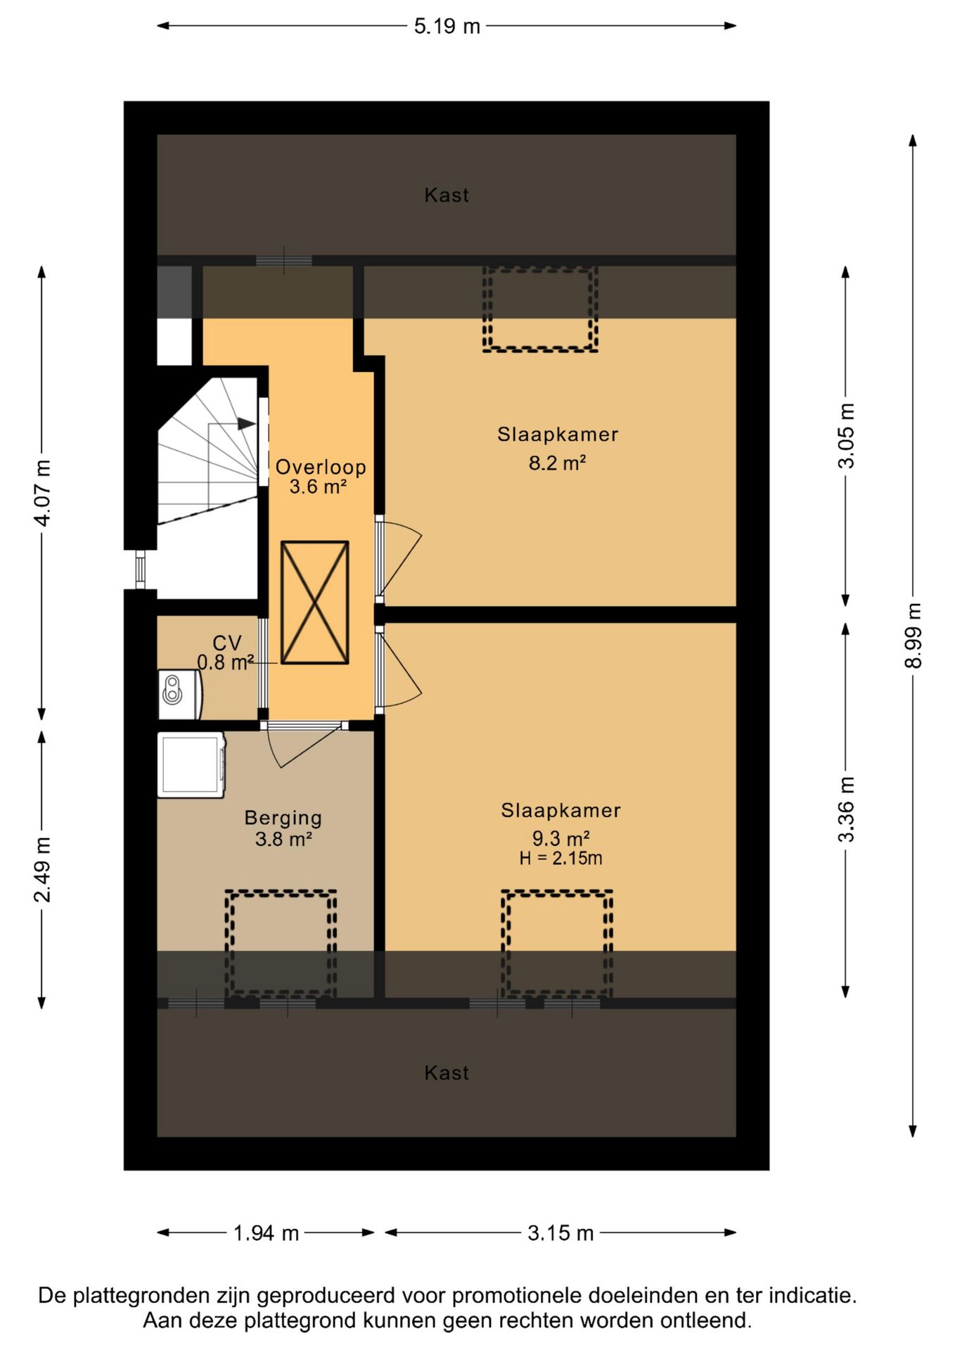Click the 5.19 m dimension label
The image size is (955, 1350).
click(x=447, y=27)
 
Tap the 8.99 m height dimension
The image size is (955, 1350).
click(x=913, y=636)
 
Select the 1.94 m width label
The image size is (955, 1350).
click(x=266, y=1233)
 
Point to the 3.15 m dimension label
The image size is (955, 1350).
click(x=560, y=1233)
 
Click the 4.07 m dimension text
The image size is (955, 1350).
click(x=42, y=493)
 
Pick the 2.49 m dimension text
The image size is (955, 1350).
click(x=42, y=870)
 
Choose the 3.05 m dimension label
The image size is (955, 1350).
click(x=846, y=436)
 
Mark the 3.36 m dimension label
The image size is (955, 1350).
click(x=846, y=809)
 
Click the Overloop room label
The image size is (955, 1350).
click(x=321, y=467)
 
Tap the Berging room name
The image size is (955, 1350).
click(x=283, y=818)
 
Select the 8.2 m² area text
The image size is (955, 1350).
click(x=558, y=463)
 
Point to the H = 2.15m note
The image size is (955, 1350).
click(x=560, y=858)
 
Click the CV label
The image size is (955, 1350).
click(x=226, y=643)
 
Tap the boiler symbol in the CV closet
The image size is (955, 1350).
click(x=180, y=695)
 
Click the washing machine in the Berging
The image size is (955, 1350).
click(x=191, y=765)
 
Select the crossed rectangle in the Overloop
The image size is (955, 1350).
click(x=315, y=603)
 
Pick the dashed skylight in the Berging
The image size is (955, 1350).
click(x=281, y=944)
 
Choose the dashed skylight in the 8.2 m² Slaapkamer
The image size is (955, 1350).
click(x=540, y=309)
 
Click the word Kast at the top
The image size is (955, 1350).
click(x=447, y=195)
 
